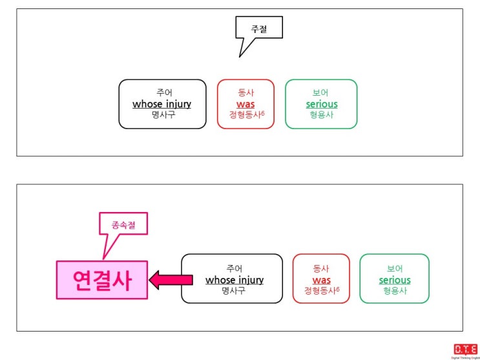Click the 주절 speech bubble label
(258, 29)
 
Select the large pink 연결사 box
(102, 280)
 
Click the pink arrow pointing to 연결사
(171, 280)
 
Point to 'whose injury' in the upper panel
(162, 104)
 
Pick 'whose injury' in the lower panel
(235, 280)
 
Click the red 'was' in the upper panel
(245, 104)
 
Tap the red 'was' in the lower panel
(321, 280)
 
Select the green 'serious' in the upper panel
(322, 104)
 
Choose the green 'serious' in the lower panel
(395, 280)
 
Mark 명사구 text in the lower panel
(233, 291)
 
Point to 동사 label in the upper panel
(246, 92)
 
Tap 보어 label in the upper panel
(320, 92)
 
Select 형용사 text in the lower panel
(395, 291)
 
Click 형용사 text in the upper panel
(321, 115)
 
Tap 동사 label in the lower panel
(321, 268)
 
